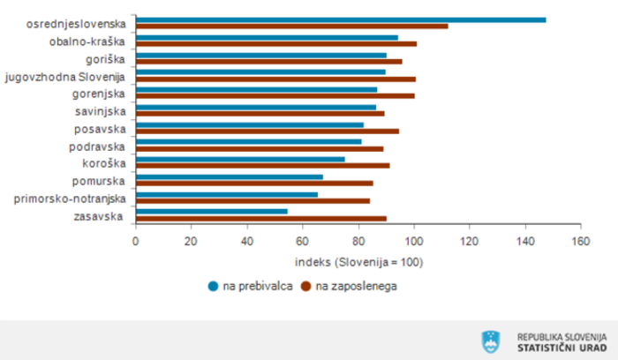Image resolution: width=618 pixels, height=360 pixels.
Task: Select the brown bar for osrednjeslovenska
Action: coord(293,26)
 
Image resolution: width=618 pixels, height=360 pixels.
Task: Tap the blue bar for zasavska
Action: coord(213,212)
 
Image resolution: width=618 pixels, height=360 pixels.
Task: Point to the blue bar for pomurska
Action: coord(230,176)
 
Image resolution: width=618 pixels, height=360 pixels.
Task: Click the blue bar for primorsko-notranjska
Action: coord(228,194)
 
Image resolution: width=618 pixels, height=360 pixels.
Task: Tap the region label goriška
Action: coord(106,57)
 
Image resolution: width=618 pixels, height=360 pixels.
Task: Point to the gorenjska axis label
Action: coord(100,93)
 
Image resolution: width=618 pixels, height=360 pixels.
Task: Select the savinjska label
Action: coord(101,110)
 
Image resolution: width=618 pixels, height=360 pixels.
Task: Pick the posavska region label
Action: coord(102,128)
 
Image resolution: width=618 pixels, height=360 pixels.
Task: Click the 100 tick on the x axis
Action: coord(414,240)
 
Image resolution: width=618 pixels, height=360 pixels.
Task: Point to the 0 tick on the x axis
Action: coord(136,240)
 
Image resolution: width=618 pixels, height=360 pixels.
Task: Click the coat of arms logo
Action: coord(491,341)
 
